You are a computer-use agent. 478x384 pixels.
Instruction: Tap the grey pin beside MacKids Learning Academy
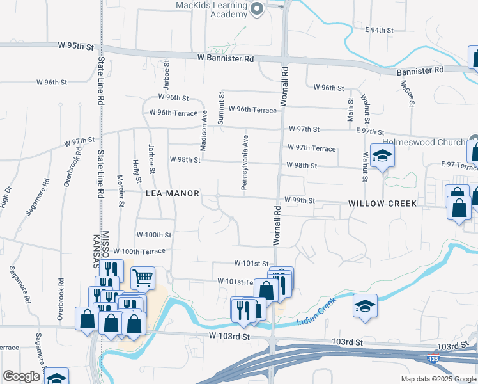point(257,9)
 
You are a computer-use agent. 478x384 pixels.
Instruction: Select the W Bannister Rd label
point(225,58)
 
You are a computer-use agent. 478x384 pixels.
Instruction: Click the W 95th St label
point(75,47)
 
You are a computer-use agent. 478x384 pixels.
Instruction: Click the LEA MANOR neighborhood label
point(173,193)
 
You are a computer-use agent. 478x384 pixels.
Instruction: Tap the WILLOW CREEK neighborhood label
point(382,204)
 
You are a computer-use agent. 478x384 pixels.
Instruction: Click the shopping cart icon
point(143,278)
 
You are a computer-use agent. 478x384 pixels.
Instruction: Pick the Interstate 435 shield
point(434,360)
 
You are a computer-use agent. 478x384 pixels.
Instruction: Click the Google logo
point(21,376)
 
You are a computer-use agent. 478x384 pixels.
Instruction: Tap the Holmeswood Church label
point(422,142)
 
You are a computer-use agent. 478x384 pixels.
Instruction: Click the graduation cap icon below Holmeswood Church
point(382,156)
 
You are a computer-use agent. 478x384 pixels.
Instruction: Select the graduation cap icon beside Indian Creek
point(365,306)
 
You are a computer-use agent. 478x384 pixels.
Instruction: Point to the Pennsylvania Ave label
point(244,162)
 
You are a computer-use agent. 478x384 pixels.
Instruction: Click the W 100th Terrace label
point(143,252)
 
